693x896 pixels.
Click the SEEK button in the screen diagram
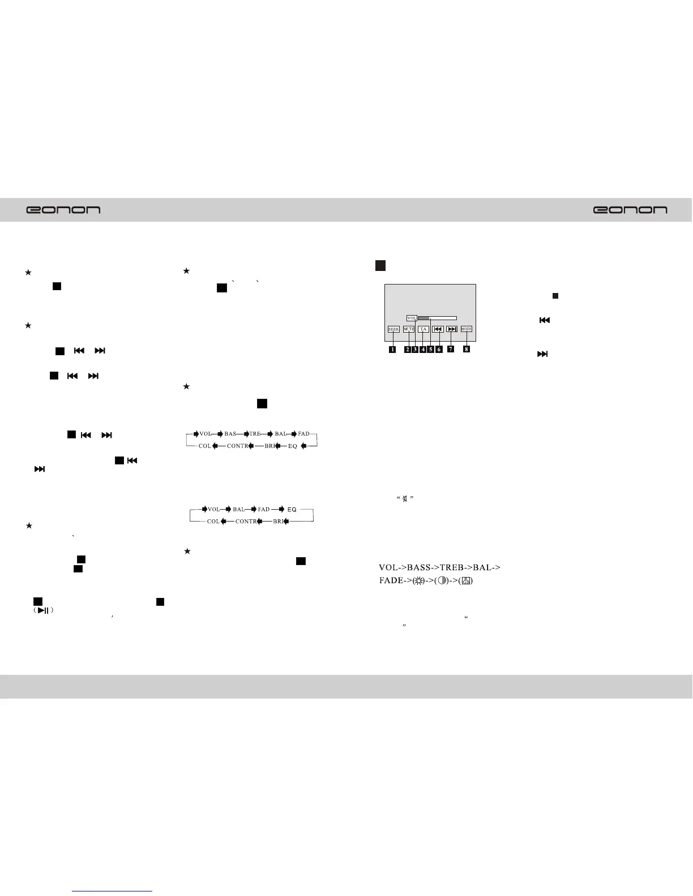click(393, 329)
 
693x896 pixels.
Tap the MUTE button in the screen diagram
click(409, 329)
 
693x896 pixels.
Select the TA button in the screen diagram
click(423, 329)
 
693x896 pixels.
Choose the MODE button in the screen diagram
click(466, 329)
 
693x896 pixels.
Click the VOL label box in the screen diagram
click(412, 318)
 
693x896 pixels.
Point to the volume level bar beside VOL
click(437, 318)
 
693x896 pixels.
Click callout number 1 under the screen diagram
click(392, 350)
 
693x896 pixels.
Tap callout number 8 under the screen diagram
click(467, 350)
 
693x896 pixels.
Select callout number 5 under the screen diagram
click(430, 350)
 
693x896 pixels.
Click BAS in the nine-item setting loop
click(230, 434)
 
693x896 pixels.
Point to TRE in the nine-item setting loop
click(255, 434)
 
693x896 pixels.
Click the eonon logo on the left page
click(63, 210)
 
